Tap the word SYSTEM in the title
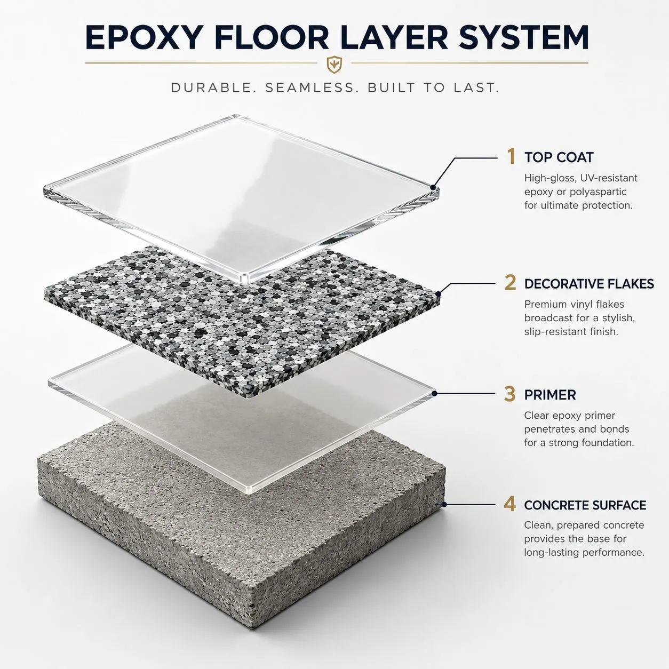pos(523,37)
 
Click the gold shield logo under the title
pos(334,65)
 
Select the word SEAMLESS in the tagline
pos(312,88)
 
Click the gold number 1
pos(511,156)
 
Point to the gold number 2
pos(510,283)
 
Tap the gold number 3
pos(509,394)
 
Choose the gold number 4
pos(509,504)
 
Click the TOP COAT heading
pos(559,157)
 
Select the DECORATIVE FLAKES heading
pos(589,284)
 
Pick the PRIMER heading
pos(550,395)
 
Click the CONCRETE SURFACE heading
pos(585,505)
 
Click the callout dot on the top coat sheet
pos(433,187)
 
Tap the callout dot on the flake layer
pos(438,294)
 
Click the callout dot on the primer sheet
pos(435,393)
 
